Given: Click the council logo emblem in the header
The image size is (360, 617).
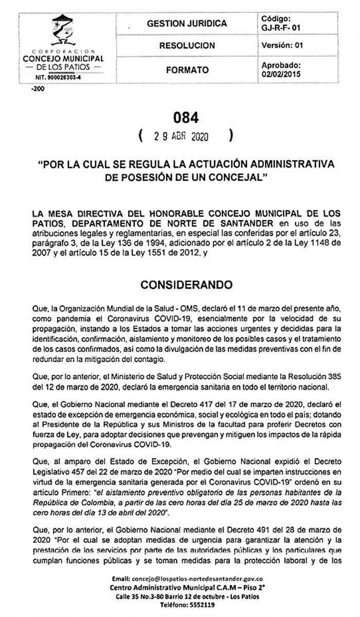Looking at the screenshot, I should coord(63,31).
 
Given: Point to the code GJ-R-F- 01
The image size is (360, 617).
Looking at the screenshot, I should coord(281,28).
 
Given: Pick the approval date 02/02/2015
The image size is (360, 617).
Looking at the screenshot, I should coord(281,74).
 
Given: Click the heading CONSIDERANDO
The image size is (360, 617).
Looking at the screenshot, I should coord(186,285).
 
